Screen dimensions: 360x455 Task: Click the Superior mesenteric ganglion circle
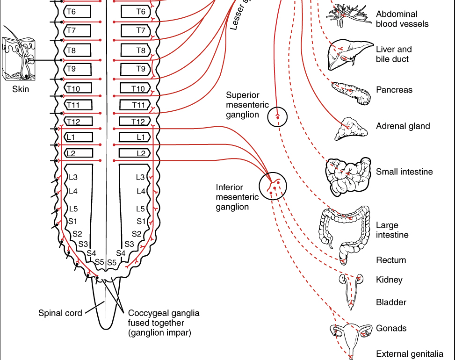pos(277,117)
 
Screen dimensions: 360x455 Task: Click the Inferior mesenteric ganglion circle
pos(272,186)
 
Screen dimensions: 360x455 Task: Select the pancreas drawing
pos(351,91)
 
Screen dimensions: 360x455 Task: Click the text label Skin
pos(21,89)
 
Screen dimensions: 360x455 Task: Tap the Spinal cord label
pos(60,313)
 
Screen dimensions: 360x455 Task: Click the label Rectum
pos(391,260)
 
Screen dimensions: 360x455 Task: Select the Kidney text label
pos(389,280)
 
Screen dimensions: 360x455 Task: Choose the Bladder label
pos(391,302)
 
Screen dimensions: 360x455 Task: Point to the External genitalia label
pos(409,354)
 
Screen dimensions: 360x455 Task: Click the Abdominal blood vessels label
pos(402,19)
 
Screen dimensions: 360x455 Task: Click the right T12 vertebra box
pos(134,122)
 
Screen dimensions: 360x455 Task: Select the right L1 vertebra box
pos(134,137)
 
